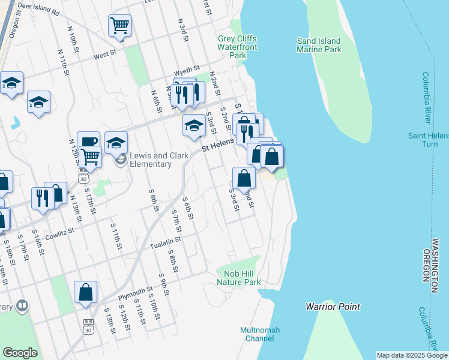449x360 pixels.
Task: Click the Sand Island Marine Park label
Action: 319,45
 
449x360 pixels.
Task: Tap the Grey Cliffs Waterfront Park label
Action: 237,47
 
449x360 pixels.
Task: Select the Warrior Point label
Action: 333,307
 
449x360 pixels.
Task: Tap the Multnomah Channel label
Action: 260,334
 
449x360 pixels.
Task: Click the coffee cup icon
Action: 88,142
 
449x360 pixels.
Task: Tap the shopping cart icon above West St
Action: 119,26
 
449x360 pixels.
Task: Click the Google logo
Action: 20,353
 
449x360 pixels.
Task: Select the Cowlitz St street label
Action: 58,230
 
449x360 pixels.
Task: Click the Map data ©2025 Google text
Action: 411,355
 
